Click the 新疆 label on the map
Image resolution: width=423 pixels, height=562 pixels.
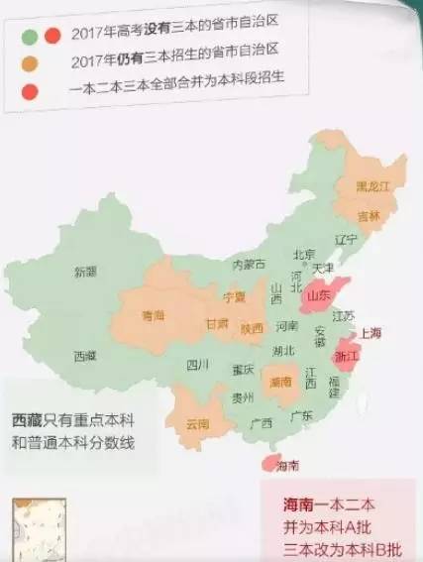point(84,271)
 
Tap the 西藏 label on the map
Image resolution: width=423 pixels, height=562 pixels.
point(84,354)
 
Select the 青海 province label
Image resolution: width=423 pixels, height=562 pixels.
point(153,315)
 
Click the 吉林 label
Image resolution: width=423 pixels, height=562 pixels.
point(368,215)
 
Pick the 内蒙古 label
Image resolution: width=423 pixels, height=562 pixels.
point(248,265)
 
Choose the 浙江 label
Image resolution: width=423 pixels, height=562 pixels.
point(347,354)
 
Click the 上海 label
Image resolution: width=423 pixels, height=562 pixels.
point(371,332)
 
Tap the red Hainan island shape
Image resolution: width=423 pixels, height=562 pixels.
point(266,462)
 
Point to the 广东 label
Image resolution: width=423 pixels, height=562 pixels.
point(303,416)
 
